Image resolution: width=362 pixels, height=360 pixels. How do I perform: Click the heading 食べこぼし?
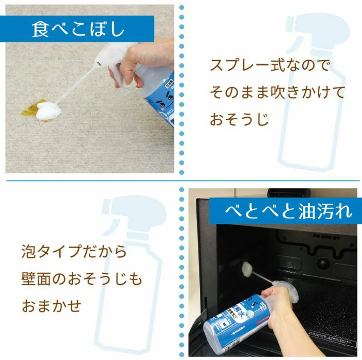tap(78, 29)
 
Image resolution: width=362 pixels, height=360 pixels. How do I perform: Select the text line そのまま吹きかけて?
tap(277, 93)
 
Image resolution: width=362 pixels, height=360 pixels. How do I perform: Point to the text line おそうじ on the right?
tap(239, 119)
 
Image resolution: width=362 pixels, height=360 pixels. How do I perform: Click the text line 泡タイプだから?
tap(74, 252)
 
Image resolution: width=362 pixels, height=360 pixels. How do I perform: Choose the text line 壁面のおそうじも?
tap(82, 279)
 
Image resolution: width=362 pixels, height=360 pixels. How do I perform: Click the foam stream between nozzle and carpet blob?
tap(75, 88)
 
